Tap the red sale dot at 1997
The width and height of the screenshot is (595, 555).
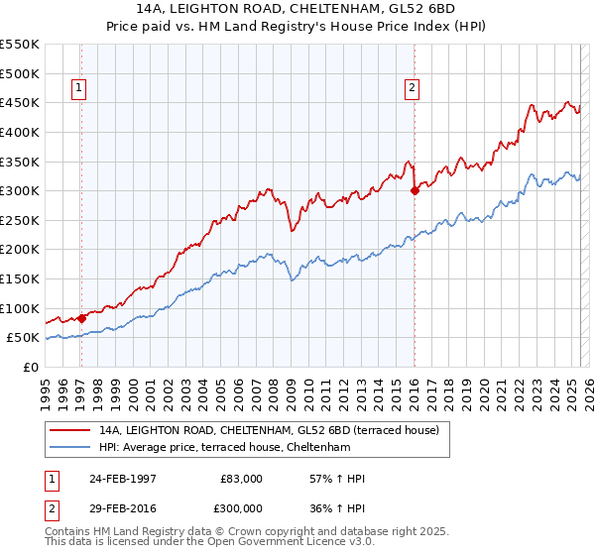81,318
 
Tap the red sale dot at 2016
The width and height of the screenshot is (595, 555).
415,191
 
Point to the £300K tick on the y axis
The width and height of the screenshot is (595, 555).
21,190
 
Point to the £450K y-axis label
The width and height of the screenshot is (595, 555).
21,102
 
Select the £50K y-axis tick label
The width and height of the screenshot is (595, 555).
25,338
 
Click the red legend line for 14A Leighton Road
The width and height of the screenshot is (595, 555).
70,430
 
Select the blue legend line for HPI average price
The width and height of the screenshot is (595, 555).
70,447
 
